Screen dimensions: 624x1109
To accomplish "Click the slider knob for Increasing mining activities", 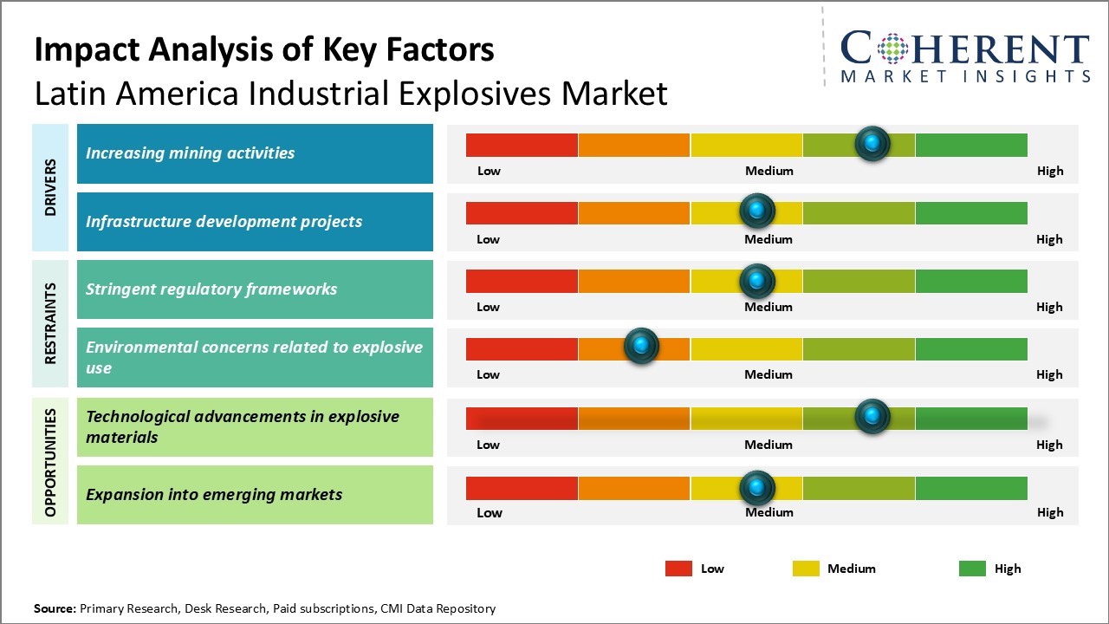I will [x=872, y=143].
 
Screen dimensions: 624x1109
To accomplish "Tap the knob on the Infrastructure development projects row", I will [x=757, y=211].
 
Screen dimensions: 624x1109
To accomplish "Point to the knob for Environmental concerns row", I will [x=641, y=347].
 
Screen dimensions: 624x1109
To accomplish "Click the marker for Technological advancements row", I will [x=872, y=416].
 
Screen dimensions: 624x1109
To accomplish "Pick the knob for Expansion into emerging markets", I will [x=757, y=488].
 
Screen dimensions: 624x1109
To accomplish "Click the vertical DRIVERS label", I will [x=50, y=187].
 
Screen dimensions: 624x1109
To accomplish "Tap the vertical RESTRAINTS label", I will [x=50, y=323].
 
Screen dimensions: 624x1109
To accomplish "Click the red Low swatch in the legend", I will [x=678, y=569].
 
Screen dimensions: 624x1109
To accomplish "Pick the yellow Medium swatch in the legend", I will [x=806, y=569].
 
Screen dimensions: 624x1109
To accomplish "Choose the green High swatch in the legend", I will [x=972, y=569].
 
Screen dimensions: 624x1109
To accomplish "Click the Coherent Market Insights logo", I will [x=965, y=56].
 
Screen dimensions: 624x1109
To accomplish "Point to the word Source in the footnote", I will [x=55, y=608].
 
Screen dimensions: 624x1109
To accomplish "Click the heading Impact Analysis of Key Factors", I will [x=264, y=49].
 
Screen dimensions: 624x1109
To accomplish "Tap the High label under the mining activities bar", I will [x=1050, y=171].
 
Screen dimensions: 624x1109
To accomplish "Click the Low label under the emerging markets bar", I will [x=489, y=512].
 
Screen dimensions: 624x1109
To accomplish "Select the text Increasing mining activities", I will [x=190, y=153].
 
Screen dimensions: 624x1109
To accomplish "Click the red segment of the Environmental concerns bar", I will [x=522, y=348].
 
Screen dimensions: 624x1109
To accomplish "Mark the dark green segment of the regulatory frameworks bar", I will [x=970, y=281].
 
